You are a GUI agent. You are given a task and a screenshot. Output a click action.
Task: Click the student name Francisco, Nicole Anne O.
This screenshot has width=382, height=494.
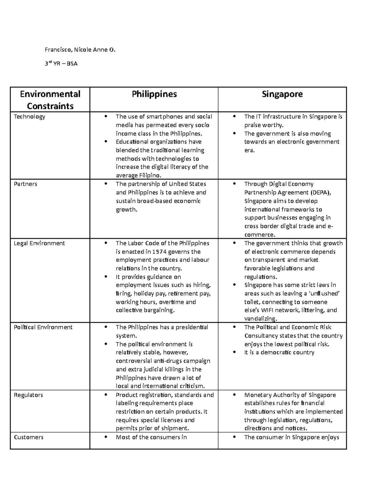pos(80,50)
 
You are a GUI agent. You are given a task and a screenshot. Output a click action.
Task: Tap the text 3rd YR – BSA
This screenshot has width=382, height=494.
pos(61,64)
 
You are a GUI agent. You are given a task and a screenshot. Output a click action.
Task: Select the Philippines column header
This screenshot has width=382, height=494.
pos(154,94)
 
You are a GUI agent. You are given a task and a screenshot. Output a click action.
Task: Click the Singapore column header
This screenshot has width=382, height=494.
pos(282,94)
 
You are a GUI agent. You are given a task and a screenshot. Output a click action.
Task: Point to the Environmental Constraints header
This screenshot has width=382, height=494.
pos(50,100)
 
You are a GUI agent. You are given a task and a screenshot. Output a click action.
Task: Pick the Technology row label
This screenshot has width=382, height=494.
pos(29,117)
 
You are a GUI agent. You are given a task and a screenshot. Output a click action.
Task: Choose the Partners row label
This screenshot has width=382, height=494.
pos(25,184)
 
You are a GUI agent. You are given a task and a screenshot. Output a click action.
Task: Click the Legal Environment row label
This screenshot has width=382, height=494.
pos(39,243)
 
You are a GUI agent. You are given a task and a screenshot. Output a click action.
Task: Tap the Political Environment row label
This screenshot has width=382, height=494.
pos(43,327)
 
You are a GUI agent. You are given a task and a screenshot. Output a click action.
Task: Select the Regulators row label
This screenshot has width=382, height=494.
pos(28,395)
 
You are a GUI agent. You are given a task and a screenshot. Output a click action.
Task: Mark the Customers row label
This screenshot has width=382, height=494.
pos(29,437)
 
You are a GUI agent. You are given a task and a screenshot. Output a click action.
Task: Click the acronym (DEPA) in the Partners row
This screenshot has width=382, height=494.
pos(321,192)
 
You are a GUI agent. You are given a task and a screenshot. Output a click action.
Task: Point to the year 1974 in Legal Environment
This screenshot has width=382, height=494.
pos(159,252)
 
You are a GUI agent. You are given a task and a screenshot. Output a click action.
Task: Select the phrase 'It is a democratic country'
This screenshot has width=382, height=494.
pos(279,352)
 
